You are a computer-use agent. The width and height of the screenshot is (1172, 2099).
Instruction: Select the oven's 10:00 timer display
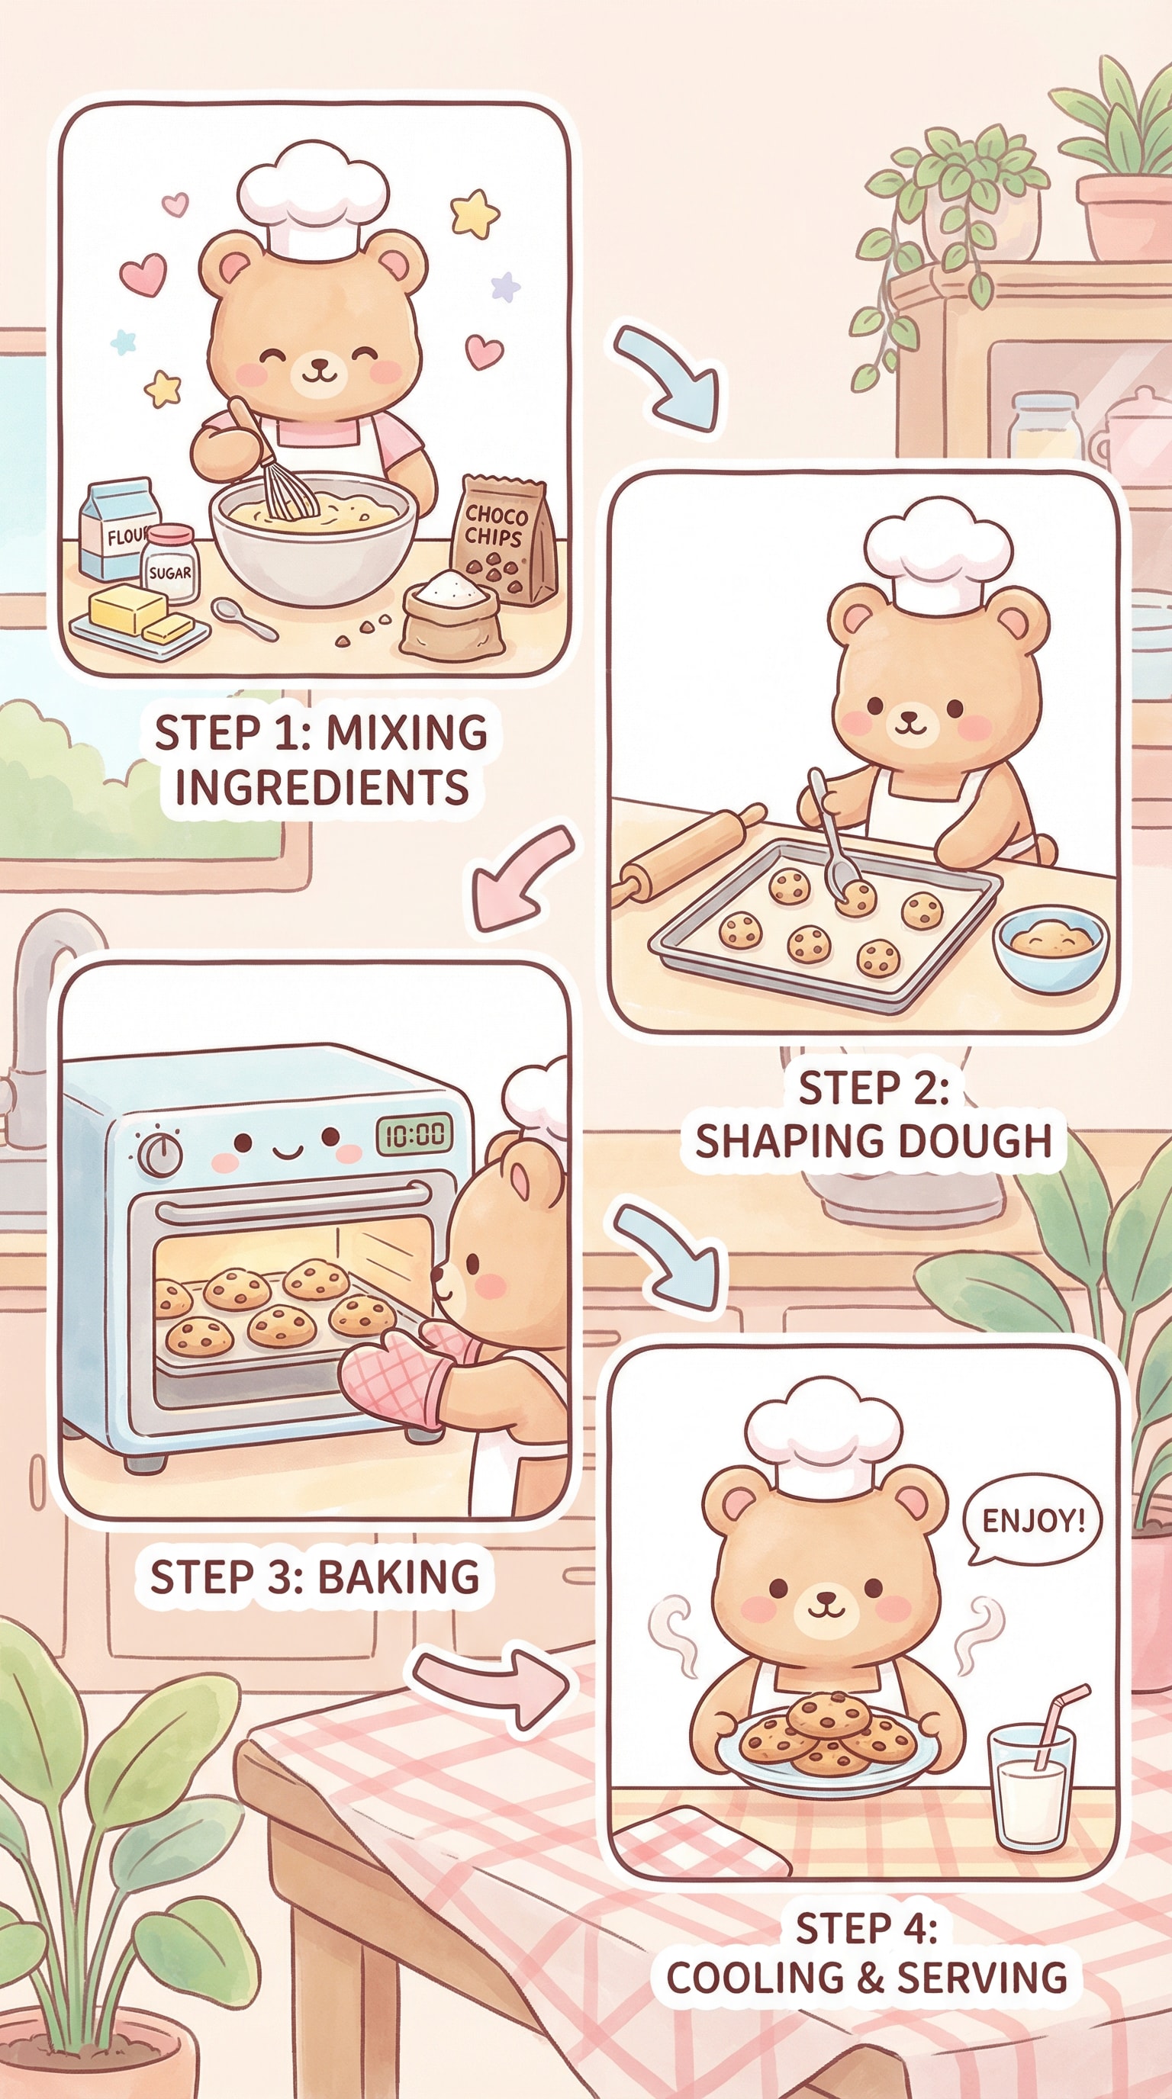(414, 1134)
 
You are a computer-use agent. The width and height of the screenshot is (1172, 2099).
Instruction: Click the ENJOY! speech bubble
(1032, 1520)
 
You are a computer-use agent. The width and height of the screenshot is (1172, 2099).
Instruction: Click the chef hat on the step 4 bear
(823, 1431)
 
